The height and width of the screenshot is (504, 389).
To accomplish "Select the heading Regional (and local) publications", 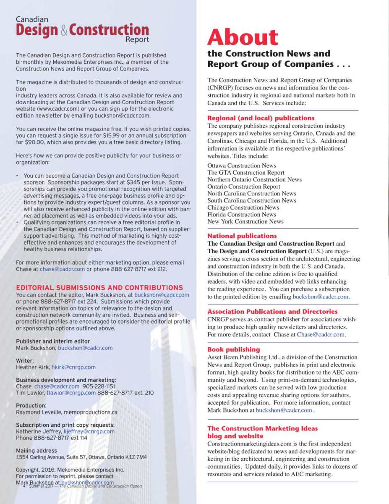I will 261,118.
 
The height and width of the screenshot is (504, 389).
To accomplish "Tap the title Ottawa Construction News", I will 242,165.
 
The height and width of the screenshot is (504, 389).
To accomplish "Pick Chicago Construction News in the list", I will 243,207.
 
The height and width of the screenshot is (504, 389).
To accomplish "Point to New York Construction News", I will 245,221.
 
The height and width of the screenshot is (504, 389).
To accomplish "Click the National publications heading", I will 242,236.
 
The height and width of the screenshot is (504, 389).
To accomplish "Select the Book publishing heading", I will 233,349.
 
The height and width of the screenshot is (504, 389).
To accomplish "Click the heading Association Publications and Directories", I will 272,312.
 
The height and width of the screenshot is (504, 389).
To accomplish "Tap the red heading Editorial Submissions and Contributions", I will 99,288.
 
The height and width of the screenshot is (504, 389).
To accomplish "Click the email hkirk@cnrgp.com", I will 73,367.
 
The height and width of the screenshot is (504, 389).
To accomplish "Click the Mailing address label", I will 37,451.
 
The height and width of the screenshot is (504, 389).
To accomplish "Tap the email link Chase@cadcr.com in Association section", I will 321,335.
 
